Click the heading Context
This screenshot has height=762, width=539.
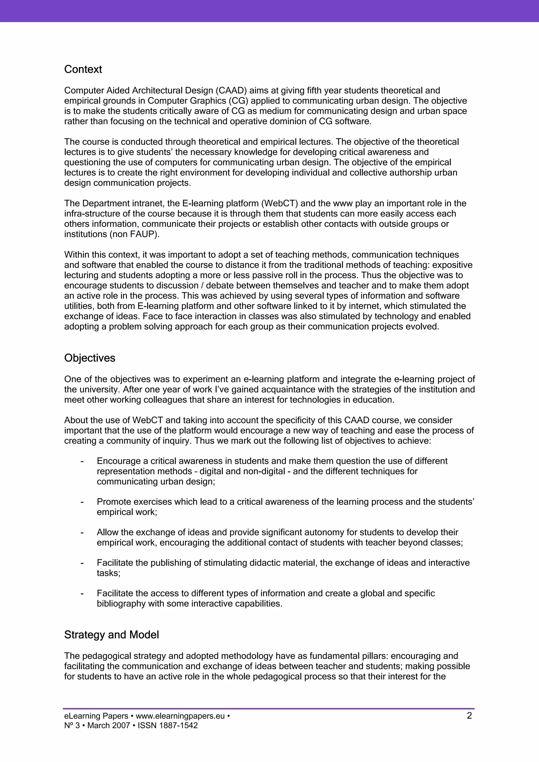tap(83, 69)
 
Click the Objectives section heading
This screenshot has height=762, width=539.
tap(90, 358)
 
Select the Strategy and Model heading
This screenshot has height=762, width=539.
tap(111, 635)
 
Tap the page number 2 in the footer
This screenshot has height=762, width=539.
tap(469, 716)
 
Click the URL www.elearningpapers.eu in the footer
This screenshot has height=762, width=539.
tap(180, 716)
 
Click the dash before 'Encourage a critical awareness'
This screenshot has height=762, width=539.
tap(82, 461)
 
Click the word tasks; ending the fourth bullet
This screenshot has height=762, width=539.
tap(108, 573)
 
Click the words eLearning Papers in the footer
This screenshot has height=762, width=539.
tap(96, 716)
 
